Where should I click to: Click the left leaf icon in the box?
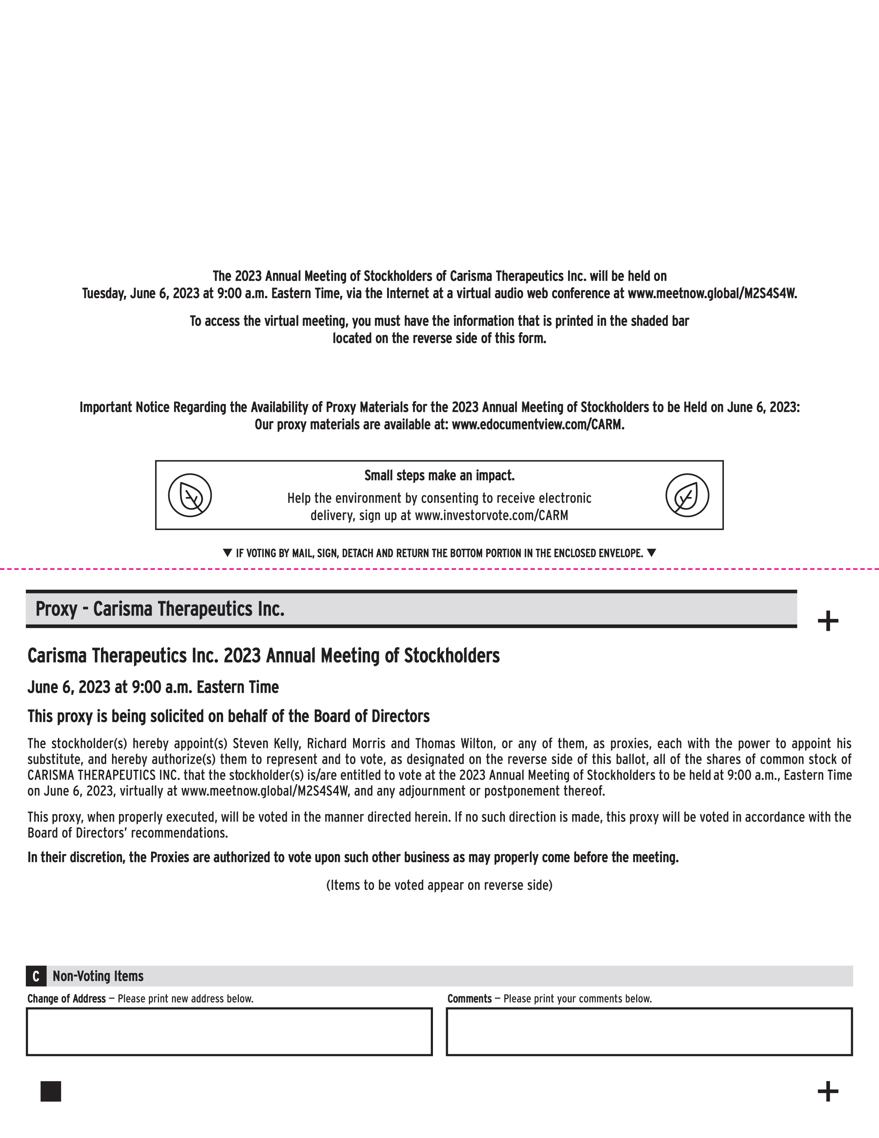pos(190,495)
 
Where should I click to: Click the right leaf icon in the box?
pos(687,495)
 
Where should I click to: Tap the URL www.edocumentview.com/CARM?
pos(537,425)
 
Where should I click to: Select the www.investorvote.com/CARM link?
pos(491,515)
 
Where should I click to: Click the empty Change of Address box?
pos(229,1032)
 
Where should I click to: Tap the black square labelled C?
pos(36,976)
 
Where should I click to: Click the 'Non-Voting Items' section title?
pos(98,976)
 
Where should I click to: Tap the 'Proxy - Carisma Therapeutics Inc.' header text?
pos(160,609)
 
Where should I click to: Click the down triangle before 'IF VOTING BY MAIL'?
pos(227,552)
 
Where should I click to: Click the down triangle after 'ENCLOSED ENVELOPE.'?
pos(651,552)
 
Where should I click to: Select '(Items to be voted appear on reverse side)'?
pos(439,885)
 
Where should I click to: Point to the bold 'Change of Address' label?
pos(67,998)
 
